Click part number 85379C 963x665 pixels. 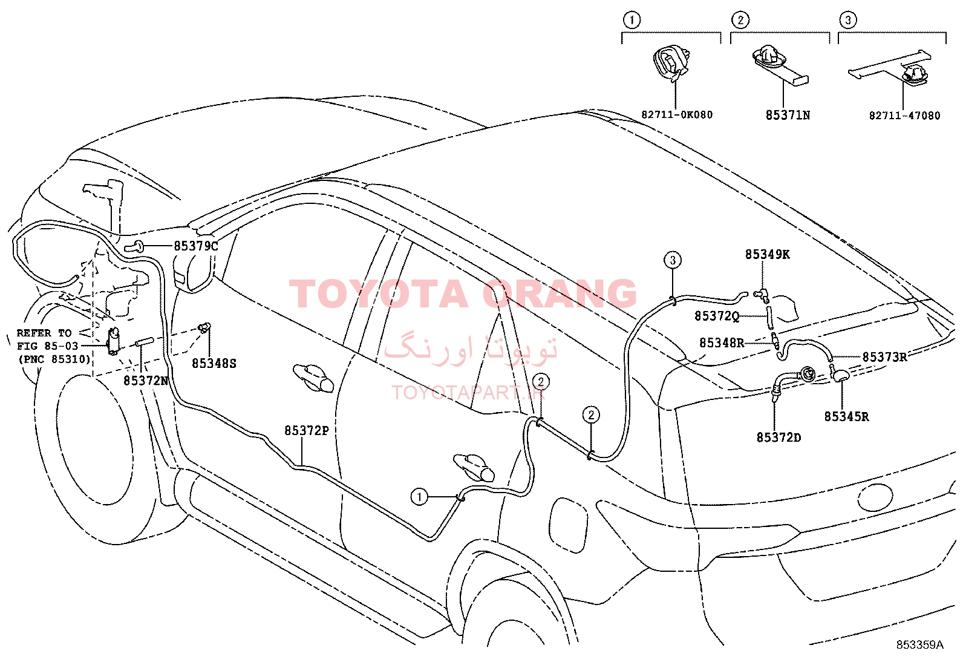click(195, 246)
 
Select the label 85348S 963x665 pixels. click(214, 364)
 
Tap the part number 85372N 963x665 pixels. click(146, 381)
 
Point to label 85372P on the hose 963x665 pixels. click(307, 431)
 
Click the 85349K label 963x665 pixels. click(768, 255)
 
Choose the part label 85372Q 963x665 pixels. click(717, 316)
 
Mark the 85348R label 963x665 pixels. click(722, 343)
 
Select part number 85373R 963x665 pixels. click(885, 357)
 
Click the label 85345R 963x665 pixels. click(846, 417)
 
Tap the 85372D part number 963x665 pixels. click(779, 437)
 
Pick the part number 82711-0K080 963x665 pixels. click(677, 115)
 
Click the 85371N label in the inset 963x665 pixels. click(788, 116)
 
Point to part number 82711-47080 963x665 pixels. click(905, 116)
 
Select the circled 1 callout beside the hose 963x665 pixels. click(419, 497)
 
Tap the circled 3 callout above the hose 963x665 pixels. click(673, 260)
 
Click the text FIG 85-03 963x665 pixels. click(48, 346)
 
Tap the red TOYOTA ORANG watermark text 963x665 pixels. click(463, 293)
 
